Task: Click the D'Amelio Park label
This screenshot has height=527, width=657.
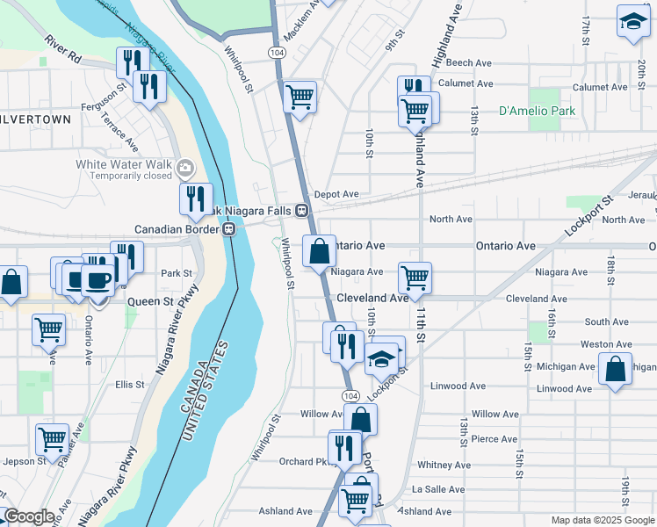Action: (x=537, y=112)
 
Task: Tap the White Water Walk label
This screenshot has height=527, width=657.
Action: (x=123, y=164)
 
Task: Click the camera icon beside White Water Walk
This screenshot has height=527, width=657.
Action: (x=184, y=168)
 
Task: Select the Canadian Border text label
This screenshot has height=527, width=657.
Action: (x=176, y=229)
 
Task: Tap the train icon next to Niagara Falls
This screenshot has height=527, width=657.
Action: (x=301, y=211)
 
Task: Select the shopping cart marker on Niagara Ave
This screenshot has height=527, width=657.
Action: (x=415, y=277)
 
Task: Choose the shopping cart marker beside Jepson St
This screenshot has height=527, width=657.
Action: (x=53, y=437)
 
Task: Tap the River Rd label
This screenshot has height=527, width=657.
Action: (x=62, y=50)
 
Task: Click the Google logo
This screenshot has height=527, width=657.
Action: (x=29, y=516)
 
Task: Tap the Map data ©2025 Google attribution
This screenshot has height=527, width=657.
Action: (x=601, y=520)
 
